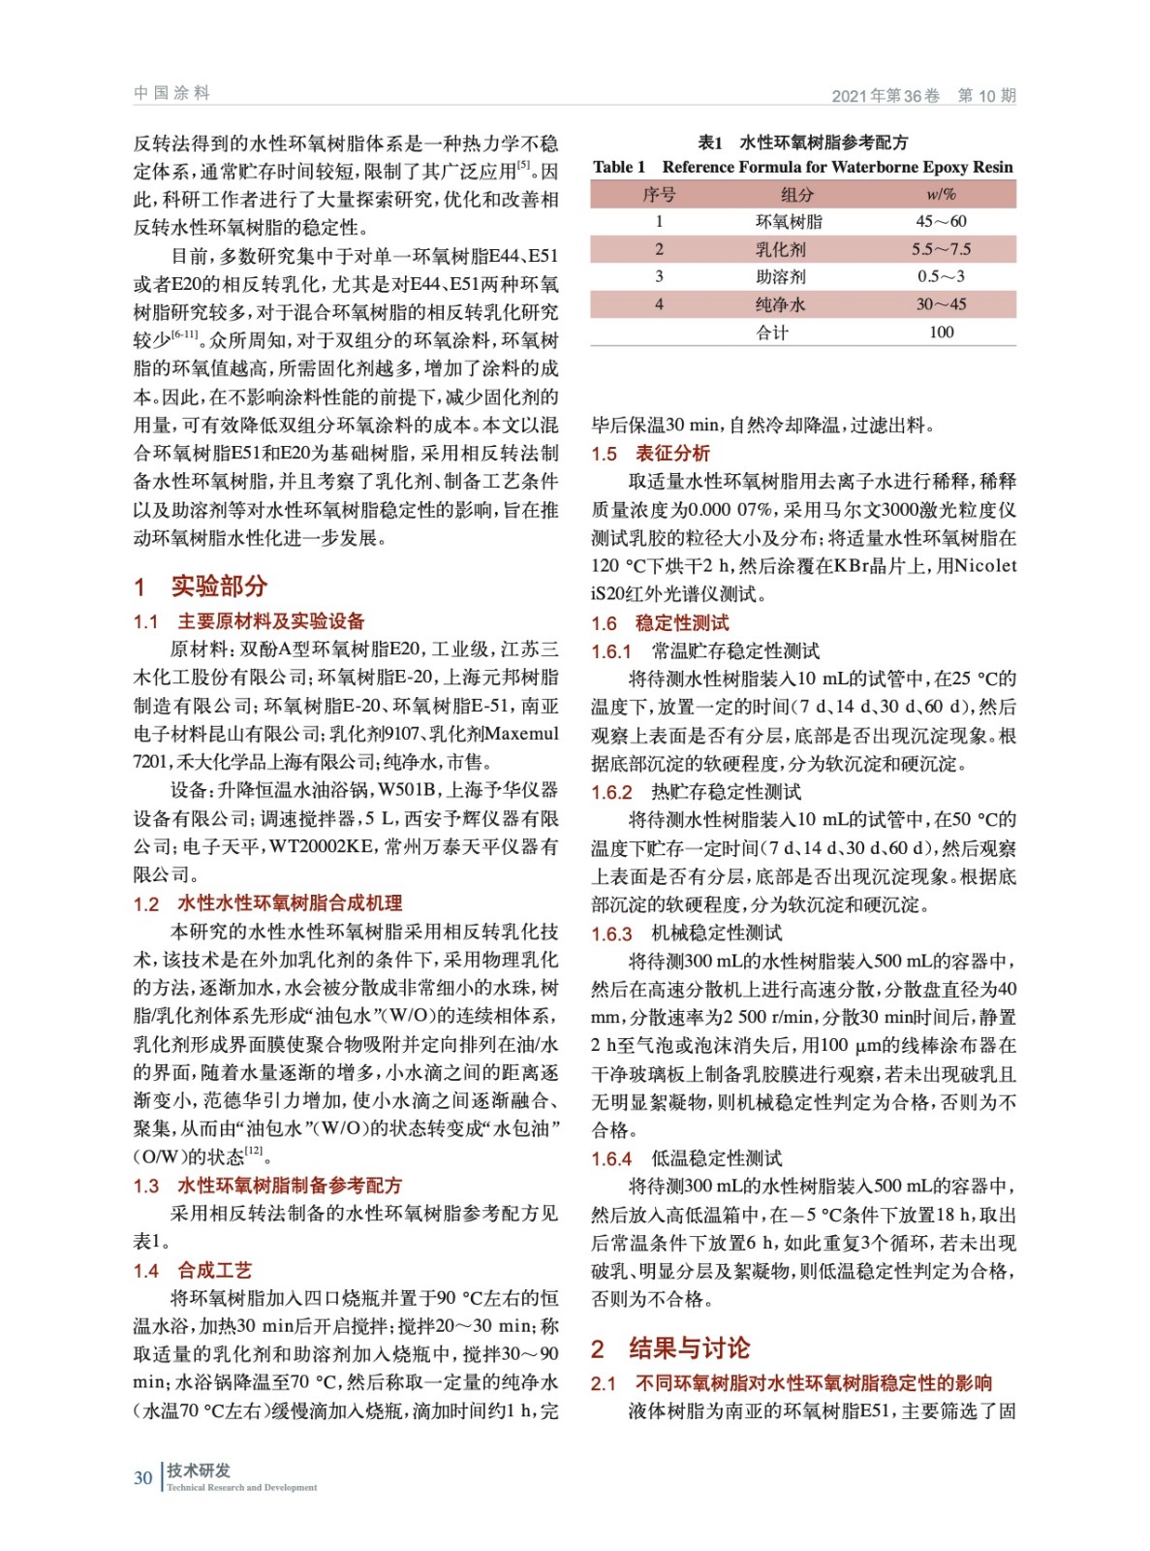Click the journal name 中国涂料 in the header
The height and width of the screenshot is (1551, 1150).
[x=171, y=93]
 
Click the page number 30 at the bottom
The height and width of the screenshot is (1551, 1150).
[x=142, y=1477]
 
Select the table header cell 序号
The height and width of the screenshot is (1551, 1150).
[x=659, y=195]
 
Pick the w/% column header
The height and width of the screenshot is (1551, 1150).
[x=941, y=195]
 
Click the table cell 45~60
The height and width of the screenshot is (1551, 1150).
[x=941, y=222]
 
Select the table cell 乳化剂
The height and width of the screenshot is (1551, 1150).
[x=780, y=249]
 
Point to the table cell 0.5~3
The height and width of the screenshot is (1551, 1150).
[x=941, y=276]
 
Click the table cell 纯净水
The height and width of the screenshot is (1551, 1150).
[x=780, y=304]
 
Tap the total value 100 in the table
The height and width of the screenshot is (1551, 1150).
[x=941, y=332]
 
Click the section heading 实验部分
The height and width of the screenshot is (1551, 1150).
[x=219, y=586]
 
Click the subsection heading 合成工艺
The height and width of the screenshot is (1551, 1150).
[x=214, y=1270]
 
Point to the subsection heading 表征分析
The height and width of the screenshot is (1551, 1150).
[x=672, y=453]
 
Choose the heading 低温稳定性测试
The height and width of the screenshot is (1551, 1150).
[x=716, y=1158]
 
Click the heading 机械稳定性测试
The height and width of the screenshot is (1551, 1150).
[x=716, y=933]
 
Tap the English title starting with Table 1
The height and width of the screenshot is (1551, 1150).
[x=803, y=167]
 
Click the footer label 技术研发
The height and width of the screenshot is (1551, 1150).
[x=199, y=1471]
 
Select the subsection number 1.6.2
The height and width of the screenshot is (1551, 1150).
[x=611, y=792]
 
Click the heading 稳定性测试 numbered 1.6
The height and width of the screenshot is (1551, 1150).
[x=682, y=623]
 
